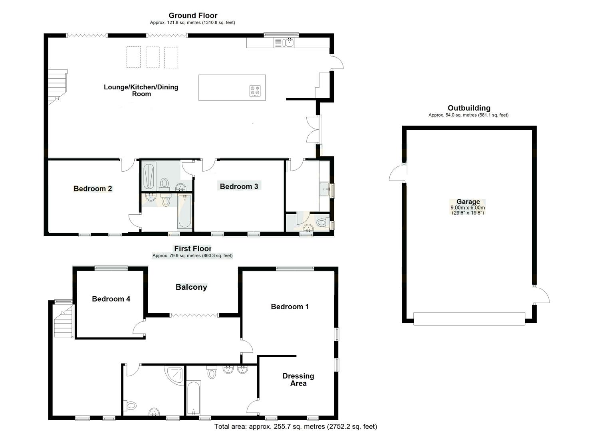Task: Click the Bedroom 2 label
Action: point(93,189)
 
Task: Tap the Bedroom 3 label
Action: point(239,186)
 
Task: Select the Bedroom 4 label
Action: point(111,299)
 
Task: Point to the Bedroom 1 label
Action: point(290,306)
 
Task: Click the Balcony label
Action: point(191,287)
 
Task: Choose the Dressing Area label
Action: point(298,380)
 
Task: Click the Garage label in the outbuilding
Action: point(468,202)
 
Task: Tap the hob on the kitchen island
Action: point(255,91)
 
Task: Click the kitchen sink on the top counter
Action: point(288,42)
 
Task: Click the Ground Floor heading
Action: point(193,16)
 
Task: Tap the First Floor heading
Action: point(192,249)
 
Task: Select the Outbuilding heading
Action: point(469,108)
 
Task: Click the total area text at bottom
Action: point(296,427)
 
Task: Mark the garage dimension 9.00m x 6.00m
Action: point(468,208)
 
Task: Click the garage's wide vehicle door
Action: point(469,319)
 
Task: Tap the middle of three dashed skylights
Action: point(153,57)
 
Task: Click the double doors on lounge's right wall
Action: point(314,130)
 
